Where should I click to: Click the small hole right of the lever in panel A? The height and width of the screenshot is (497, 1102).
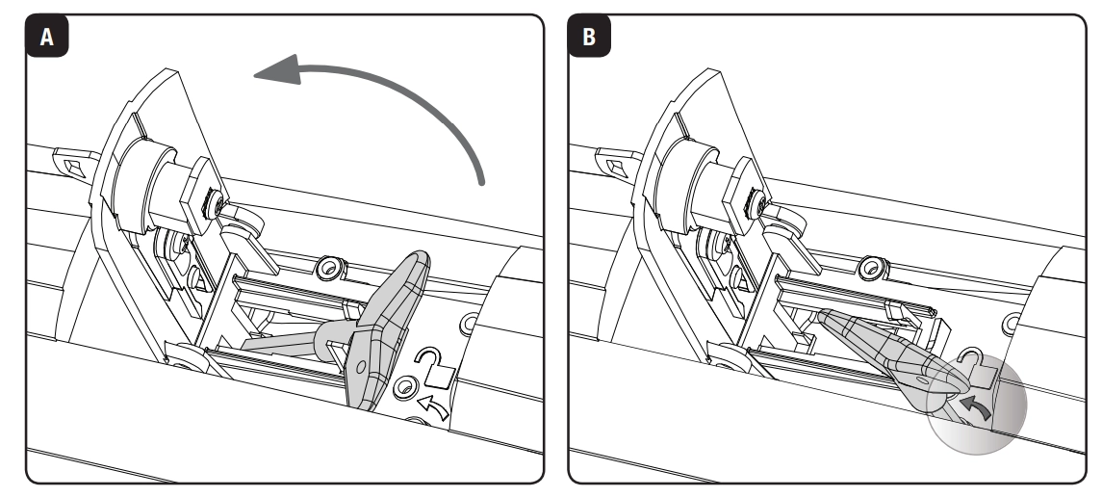coord(469,321)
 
